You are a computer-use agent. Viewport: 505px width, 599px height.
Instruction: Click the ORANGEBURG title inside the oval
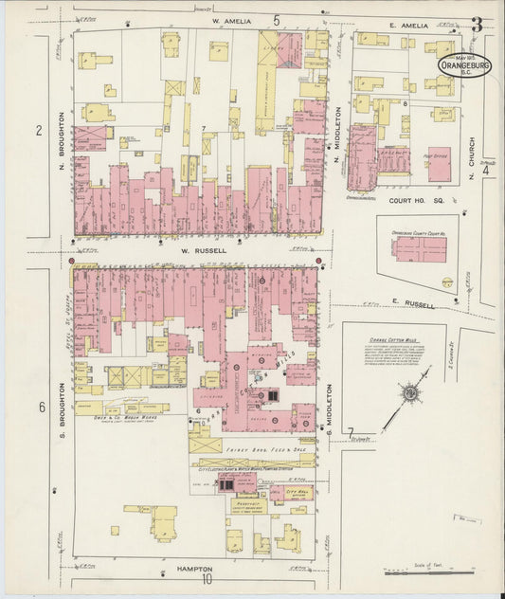(464, 66)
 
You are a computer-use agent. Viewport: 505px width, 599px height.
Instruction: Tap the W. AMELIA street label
(229, 20)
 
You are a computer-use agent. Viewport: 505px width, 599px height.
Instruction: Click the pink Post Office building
(438, 164)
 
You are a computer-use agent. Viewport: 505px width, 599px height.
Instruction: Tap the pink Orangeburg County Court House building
(420, 248)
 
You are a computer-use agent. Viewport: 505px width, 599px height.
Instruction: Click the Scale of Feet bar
(426, 572)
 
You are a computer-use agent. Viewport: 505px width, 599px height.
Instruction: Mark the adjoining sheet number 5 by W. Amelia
(277, 19)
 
